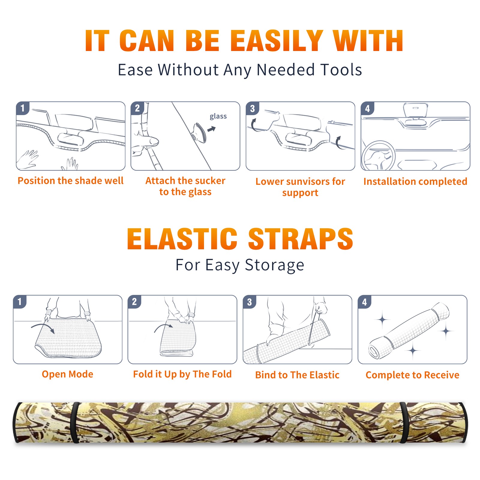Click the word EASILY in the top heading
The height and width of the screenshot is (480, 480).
tap(277, 41)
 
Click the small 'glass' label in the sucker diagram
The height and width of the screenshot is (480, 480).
tap(218, 116)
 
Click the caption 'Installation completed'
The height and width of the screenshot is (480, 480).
tap(415, 181)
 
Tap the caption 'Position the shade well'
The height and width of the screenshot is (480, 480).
tap(70, 181)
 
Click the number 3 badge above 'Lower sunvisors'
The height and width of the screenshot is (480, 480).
tap(253, 108)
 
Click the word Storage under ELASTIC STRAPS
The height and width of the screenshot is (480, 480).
tap(274, 265)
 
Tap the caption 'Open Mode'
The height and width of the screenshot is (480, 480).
tap(67, 374)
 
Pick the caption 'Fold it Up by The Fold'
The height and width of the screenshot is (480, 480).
tap(182, 374)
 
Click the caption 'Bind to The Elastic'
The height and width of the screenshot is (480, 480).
tap(297, 375)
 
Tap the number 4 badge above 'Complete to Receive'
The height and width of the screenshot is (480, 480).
tap(364, 302)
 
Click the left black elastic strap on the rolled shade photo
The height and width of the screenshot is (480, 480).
tap(75, 422)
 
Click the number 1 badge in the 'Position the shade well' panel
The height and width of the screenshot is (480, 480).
tap(22, 108)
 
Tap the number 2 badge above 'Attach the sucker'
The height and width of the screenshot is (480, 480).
tap(137, 108)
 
